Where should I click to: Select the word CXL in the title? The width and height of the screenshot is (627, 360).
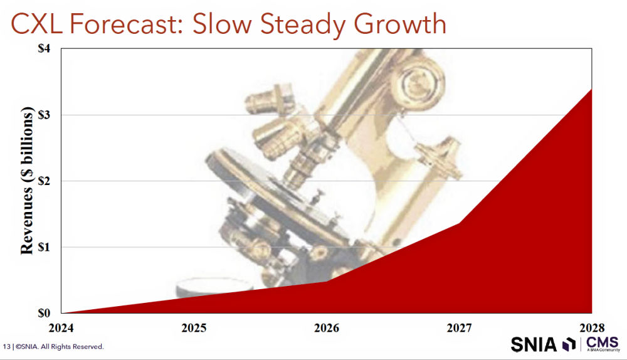coord(36,24)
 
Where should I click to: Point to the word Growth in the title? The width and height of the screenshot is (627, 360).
coord(400,24)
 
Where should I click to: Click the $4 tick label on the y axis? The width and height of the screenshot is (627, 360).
coord(44,48)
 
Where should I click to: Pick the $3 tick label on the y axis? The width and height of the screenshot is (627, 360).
coord(44,115)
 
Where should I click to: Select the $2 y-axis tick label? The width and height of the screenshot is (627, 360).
coord(44,181)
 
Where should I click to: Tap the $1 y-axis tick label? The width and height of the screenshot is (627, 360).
coord(44,247)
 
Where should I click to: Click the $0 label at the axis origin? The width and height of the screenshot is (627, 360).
coord(44,313)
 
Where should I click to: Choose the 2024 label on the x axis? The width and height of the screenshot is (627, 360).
coord(61,328)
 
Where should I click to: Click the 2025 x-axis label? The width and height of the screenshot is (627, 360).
coord(194,328)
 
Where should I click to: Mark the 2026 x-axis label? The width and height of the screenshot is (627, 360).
coord(327,328)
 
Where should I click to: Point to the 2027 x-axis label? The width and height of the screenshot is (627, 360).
coord(459,328)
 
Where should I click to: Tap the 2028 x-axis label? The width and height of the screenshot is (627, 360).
coord(592,328)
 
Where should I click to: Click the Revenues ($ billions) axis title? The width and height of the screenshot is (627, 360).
coord(27,181)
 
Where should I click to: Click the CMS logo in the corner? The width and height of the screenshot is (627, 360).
coord(602,344)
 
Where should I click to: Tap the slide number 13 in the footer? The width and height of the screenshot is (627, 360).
coord(6,346)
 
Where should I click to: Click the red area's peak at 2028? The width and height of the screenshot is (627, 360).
coord(591,89)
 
